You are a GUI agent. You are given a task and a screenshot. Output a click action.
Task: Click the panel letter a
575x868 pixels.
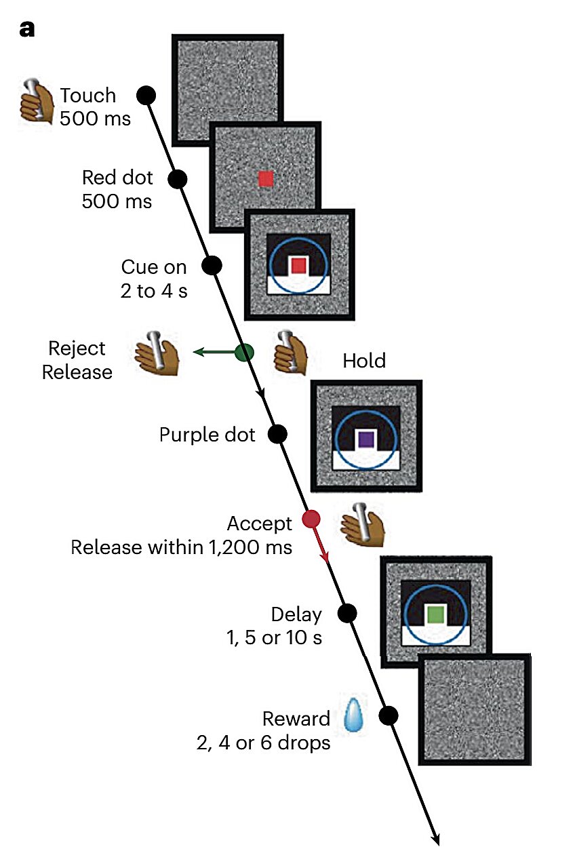click(x=28, y=30)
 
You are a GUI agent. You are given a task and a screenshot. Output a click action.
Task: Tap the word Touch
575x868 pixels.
click(x=88, y=96)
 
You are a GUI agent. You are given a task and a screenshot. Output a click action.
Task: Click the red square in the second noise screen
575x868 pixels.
click(x=266, y=178)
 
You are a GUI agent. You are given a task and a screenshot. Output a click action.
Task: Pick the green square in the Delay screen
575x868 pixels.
click(x=436, y=615)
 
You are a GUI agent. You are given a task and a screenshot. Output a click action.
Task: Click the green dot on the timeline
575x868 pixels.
click(x=244, y=352)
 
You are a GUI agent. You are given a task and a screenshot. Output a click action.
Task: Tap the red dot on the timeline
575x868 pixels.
click(x=311, y=519)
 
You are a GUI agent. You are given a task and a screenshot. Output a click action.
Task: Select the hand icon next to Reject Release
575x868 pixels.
click(x=156, y=353)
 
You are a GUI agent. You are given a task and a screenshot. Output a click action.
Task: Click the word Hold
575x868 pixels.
click(x=364, y=360)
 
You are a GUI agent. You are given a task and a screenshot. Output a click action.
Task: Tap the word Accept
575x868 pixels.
click(x=260, y=524)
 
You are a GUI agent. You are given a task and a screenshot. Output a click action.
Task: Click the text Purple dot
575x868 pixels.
click(x=207, y=434)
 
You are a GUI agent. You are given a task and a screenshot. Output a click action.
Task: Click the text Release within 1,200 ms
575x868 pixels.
click(x=182, y=547)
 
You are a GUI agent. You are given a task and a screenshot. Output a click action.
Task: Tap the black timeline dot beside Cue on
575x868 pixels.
click(x=212, y=265)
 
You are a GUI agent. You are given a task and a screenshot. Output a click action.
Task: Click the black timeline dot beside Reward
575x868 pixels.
click(x=389, y=715)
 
